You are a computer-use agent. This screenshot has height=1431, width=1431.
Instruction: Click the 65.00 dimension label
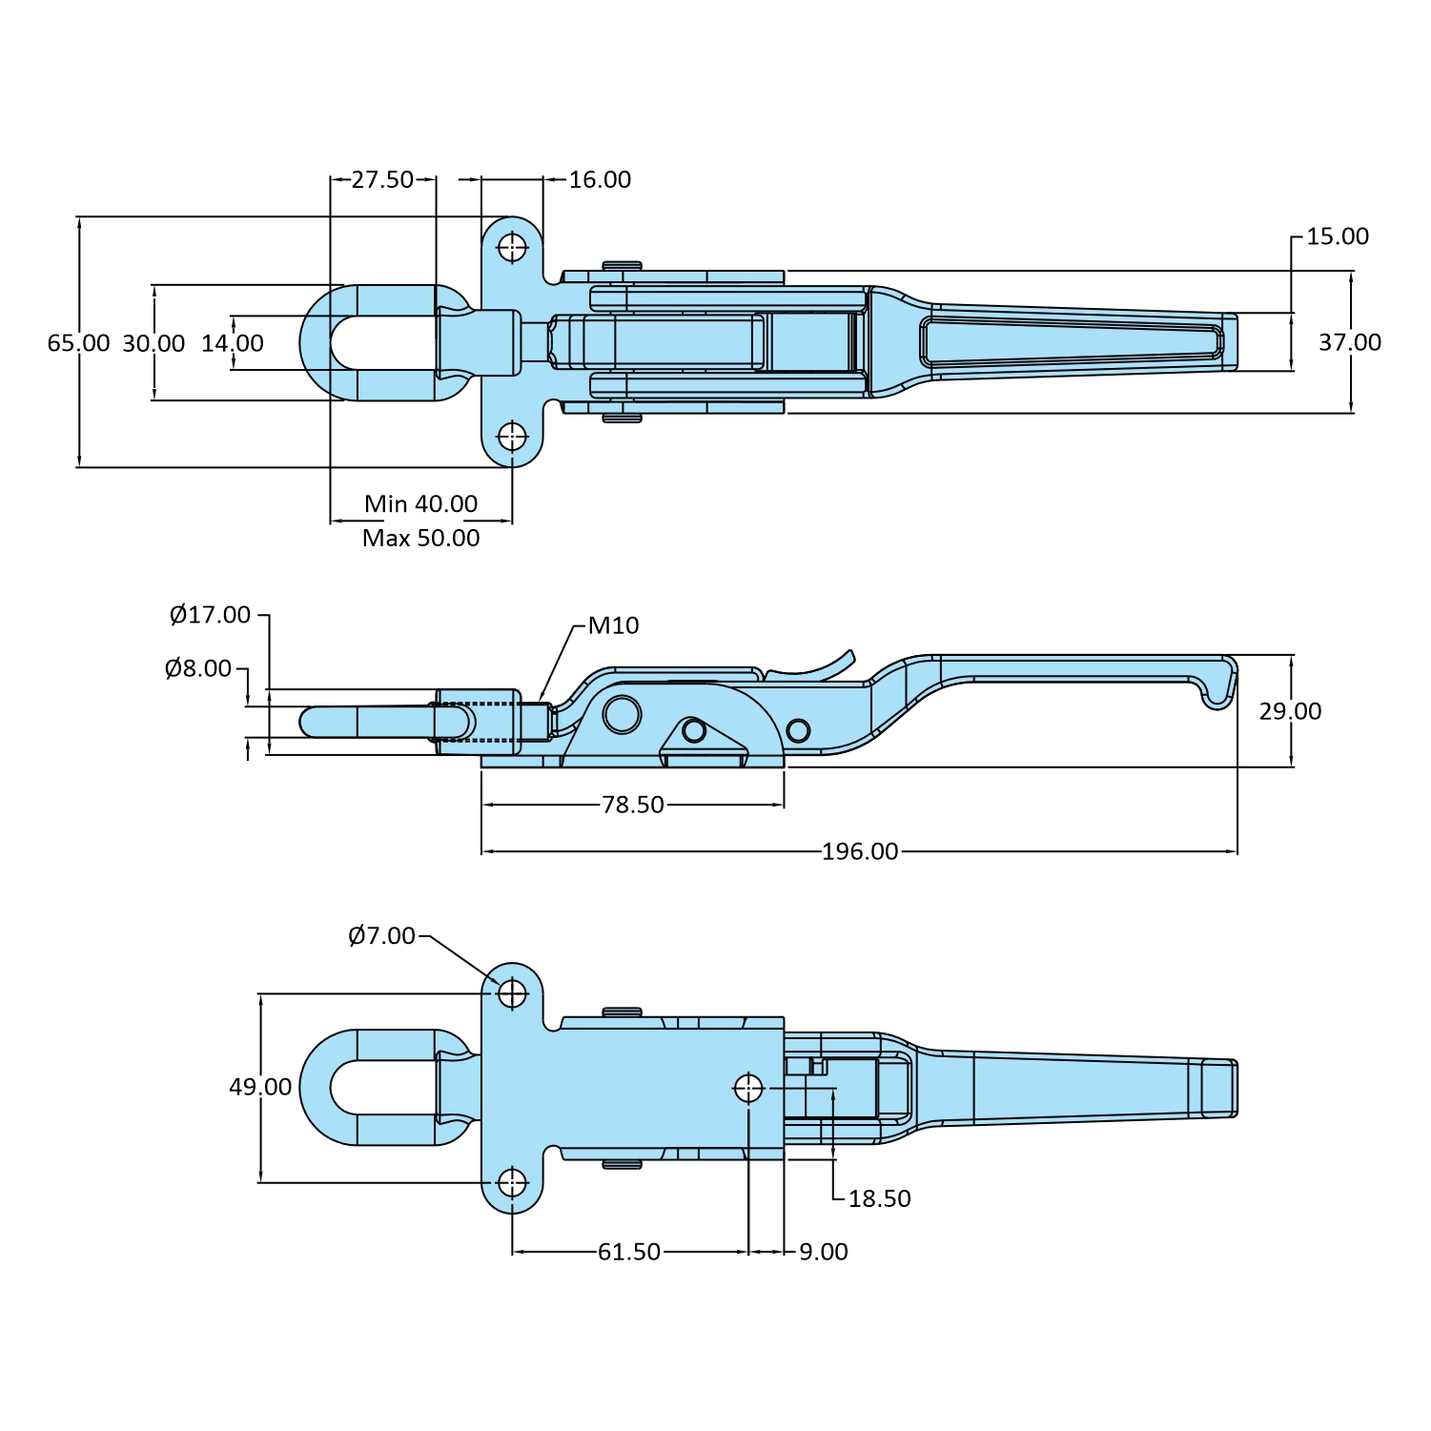[78, 343]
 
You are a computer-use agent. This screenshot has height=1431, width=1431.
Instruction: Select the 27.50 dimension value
[382, 179]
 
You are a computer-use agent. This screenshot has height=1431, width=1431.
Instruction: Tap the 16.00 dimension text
[600, 179]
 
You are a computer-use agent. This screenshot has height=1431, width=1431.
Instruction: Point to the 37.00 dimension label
[1349, 342]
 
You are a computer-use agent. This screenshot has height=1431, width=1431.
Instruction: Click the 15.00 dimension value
[1337, 236]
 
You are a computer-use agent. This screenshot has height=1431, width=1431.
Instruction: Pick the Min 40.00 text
[420, 503]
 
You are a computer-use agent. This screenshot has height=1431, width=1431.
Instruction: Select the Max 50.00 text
[420, 538]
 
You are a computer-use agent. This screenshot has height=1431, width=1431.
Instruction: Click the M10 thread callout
[613, 625]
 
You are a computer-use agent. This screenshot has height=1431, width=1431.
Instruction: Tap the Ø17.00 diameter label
[210, 615]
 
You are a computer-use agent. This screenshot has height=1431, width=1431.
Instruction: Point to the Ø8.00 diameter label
[197, 668]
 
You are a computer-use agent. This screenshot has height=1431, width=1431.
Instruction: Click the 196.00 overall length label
[860, 851]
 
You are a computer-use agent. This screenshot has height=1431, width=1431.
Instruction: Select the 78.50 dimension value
[632, 805]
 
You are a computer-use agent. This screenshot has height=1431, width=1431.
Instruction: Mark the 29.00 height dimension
[1290, 711]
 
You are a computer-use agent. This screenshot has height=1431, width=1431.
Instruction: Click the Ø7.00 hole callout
[381, 936]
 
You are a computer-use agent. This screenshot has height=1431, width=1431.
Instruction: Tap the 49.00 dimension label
[259, 1087]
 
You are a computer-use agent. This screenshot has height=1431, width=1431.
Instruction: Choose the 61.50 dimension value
[628, 1252]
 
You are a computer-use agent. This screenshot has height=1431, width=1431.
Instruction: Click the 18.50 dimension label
[879, 1198]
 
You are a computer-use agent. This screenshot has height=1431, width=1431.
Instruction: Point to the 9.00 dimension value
[823, 1252]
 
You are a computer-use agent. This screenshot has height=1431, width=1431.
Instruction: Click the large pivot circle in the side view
[623, 714]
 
